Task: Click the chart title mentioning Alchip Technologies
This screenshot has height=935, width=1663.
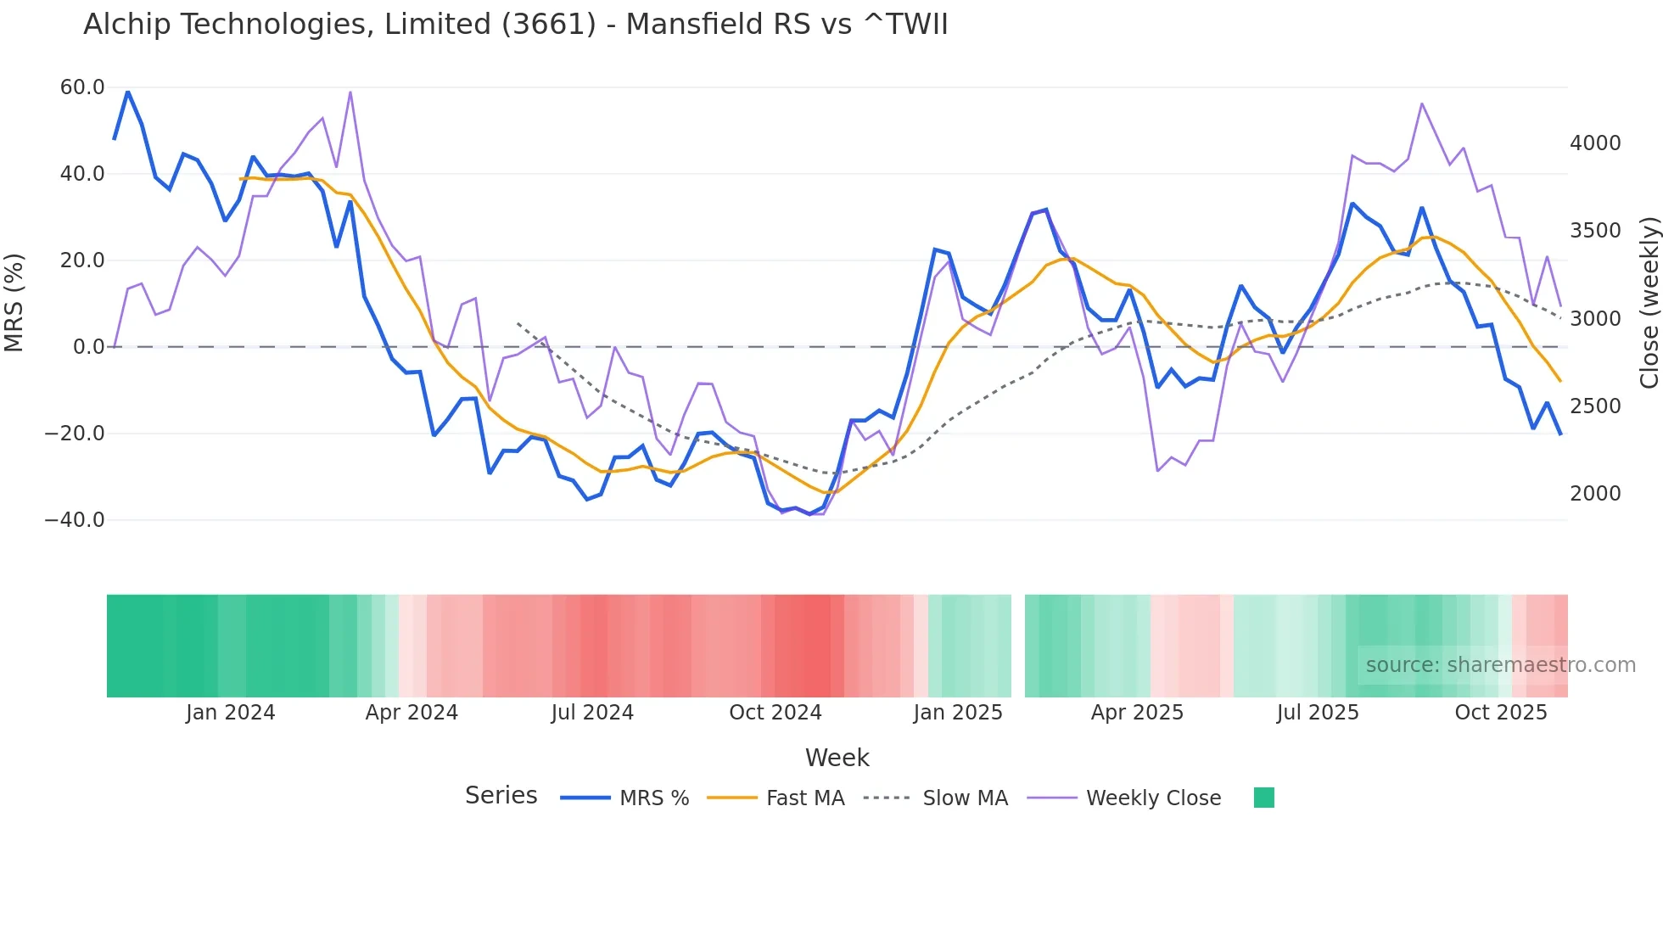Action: pos(515,25)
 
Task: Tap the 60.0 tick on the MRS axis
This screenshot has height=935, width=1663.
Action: pos(82,87)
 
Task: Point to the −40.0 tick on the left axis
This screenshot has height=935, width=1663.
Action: pos(75,520)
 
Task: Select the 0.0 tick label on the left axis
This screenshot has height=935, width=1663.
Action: pos(88,347)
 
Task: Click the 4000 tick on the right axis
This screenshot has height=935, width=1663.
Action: pos(1595,143)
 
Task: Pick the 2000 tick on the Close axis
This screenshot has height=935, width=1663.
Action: pos(1595,494)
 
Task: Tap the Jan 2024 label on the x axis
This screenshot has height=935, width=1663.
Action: pos(230,713)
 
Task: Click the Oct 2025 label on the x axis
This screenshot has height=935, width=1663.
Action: pos(1500,713)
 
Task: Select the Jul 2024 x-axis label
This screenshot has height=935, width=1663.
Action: pos(592,713)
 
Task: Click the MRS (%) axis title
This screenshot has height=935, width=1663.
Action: pos(14,302)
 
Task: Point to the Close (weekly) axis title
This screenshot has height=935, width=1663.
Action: pos(1649,302)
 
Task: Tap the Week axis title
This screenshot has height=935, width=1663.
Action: pos(837,758)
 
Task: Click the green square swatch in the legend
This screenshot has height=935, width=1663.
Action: pos(1263,798)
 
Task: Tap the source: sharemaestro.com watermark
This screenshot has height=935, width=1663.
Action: pos(1500,665)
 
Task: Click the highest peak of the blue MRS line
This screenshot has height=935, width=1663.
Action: pos(128,92)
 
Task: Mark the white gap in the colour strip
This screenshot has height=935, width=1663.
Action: pos(1018,646)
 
